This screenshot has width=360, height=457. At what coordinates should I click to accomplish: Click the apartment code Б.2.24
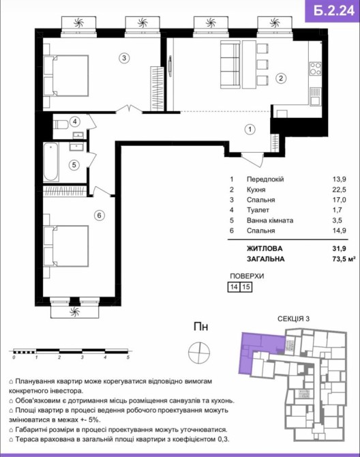(334, 10)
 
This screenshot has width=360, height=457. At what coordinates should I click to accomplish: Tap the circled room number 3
(124, 58)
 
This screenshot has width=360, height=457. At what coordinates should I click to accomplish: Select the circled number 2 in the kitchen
(281, 78)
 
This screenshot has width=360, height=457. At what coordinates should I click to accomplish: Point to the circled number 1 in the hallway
(250, 130)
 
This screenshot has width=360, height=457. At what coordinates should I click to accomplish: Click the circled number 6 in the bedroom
(100, 216)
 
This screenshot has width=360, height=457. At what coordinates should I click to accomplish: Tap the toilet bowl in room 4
(61, 125)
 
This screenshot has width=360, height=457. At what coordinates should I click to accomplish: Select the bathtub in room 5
(51, 162)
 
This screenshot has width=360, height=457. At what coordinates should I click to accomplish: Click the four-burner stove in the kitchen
(315, 69)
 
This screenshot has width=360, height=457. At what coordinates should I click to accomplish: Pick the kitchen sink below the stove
(315, 97)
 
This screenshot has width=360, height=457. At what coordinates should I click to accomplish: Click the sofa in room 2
(230, 64)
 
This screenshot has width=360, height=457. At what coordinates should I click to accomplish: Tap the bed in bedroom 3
(66, 76)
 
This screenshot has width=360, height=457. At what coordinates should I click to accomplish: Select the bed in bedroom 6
(66, 246)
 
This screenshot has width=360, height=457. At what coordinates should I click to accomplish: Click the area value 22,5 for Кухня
(340, 190)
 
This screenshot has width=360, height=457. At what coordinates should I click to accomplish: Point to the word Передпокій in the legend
(265, 179)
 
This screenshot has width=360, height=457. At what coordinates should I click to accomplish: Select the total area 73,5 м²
(344, 259)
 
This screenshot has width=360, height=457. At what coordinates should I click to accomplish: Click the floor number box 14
(234, 286)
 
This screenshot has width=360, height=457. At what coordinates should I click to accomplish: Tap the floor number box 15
(246, 286)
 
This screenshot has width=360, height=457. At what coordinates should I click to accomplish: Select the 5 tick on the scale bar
(128, 357)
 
